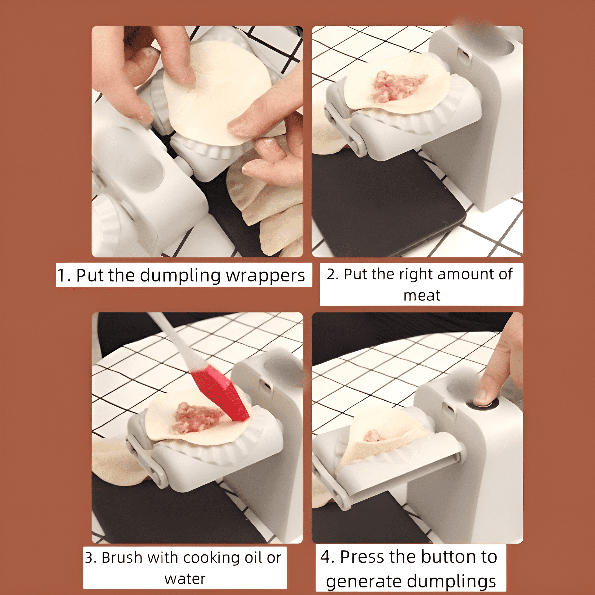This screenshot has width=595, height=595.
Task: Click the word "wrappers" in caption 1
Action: click(x=266, y=275)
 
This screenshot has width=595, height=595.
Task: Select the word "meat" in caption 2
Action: click(x=422, y=295)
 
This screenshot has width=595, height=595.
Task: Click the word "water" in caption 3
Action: click(x=185, y=579)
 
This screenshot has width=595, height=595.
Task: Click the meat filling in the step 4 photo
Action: click(x=374, y=436)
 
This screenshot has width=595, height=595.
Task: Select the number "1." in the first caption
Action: click(x=64, y=275)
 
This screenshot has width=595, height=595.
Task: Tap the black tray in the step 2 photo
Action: click(x=385, y=200)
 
